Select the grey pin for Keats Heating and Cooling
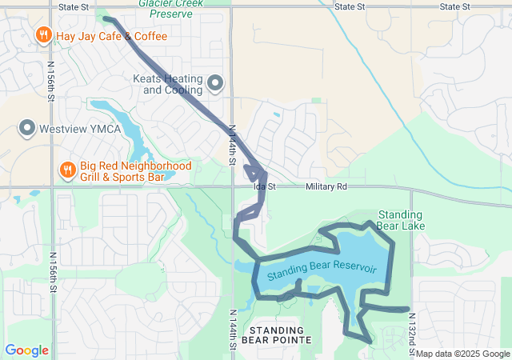click(x=214, y=83)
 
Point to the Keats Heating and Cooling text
click(x=172, y=84)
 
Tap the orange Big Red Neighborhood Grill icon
click(x=68, y=170)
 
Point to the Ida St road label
click(x=264, y=186)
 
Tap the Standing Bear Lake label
click(x=401, y=220)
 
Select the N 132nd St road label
click(x=413, y=330)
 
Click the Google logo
click(x=26, y=350)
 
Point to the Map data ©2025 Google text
click(x=462, y=354)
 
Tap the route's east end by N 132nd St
click(x=408, y=309)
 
